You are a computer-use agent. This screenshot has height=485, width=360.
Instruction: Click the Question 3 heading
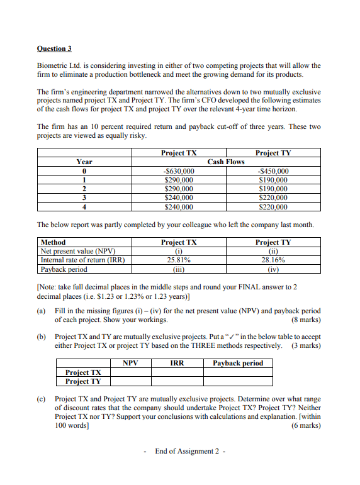click(55, 48)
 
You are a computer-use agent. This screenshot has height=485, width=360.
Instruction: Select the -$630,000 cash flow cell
click(178, 170)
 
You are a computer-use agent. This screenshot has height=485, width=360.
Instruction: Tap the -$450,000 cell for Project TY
click(273, 170)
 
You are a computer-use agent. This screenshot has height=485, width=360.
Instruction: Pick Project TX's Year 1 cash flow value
click(178, 179)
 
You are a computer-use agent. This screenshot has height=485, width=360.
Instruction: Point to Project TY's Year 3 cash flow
click(273, 197)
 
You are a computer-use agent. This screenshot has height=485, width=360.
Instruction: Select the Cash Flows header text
click(226, 162)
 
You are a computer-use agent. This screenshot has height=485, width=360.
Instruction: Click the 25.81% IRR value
click(178, 260)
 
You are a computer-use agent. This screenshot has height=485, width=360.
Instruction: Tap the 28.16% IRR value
click(273, 260)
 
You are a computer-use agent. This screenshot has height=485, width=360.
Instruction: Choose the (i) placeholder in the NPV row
click(178, 251)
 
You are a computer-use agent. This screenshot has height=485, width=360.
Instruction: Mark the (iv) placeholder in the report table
click(273, 269)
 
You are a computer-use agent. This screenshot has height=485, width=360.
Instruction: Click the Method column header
click(53, 242)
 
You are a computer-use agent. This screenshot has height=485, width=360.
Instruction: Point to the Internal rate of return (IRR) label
click(82, 260)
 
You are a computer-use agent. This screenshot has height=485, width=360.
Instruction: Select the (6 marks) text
click(306, 425)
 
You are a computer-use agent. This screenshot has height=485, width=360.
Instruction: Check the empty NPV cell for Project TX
click(130, 372)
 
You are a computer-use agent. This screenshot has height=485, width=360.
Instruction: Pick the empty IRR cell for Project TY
click(177, 381)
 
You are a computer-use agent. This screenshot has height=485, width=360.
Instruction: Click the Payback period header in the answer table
click(238, 363)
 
